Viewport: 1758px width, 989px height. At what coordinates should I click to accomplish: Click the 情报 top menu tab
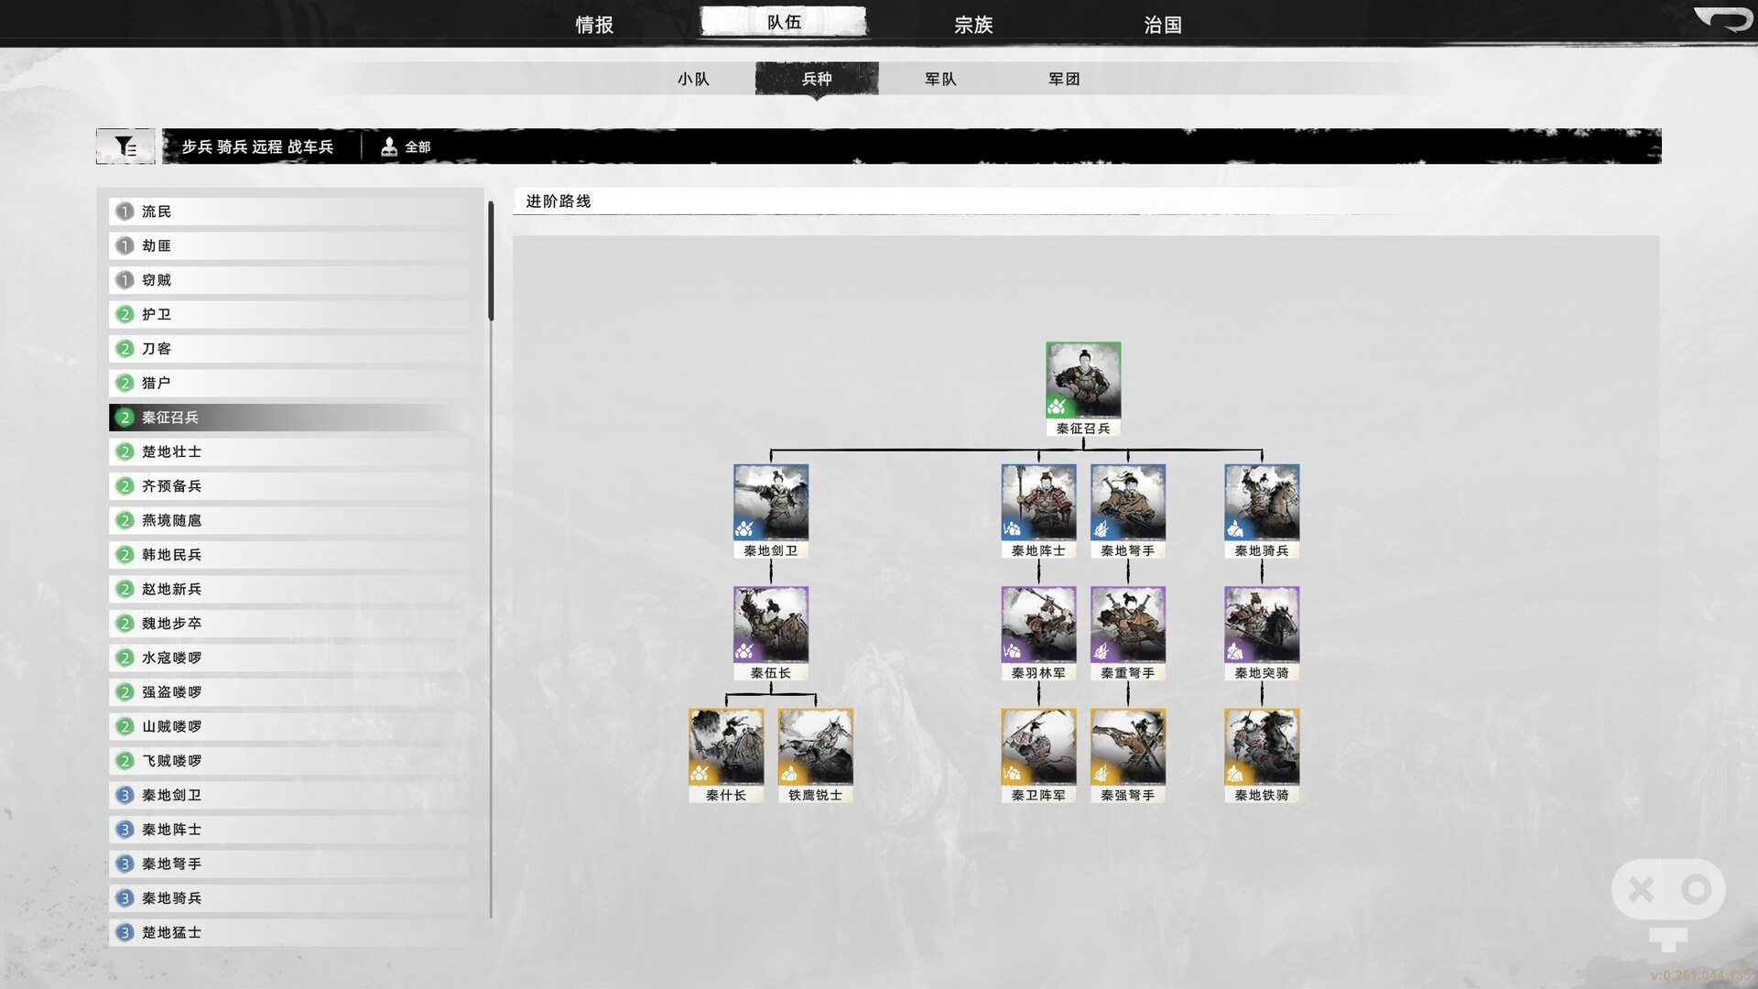(x=594, y=25)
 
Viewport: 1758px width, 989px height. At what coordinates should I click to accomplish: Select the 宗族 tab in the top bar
(x=973, y=25)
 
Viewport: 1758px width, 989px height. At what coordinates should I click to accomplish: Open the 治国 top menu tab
(x=1163, y=25)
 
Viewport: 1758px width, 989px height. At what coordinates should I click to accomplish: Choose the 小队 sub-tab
(x=693, y=79)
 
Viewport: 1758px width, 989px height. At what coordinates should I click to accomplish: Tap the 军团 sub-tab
(x=1064, y=79)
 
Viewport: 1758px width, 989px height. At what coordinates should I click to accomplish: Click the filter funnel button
(x=125, y=147)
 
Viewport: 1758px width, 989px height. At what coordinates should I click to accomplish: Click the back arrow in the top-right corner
(x=1722, y=18)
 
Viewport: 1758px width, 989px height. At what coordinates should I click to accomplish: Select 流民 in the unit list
(x=157, y=212)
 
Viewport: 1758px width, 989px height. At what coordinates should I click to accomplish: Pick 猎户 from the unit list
(x=157, y=383)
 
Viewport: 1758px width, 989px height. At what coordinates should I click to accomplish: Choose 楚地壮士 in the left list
(x=171, y=451)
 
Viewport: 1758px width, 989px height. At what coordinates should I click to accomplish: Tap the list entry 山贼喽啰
(x=171, y=726)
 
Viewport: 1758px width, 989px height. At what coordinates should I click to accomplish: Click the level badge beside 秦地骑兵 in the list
(x=125, y=898)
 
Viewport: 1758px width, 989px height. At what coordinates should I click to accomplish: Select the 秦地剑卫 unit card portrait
(x=771, y=503)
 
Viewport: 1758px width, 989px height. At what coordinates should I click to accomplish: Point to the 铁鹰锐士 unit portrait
(x=815, y=747)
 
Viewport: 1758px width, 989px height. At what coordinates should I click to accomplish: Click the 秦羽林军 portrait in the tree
(x=1038, y=625)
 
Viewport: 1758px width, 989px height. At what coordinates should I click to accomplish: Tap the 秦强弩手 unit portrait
(x=1128, y=747)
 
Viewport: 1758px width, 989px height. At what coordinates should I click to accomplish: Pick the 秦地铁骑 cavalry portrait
(x=1262, y=747)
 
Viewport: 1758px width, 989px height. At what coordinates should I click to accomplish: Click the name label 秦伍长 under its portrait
(x=771, y=673)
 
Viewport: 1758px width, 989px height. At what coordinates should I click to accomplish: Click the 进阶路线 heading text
(x=559, y=201)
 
